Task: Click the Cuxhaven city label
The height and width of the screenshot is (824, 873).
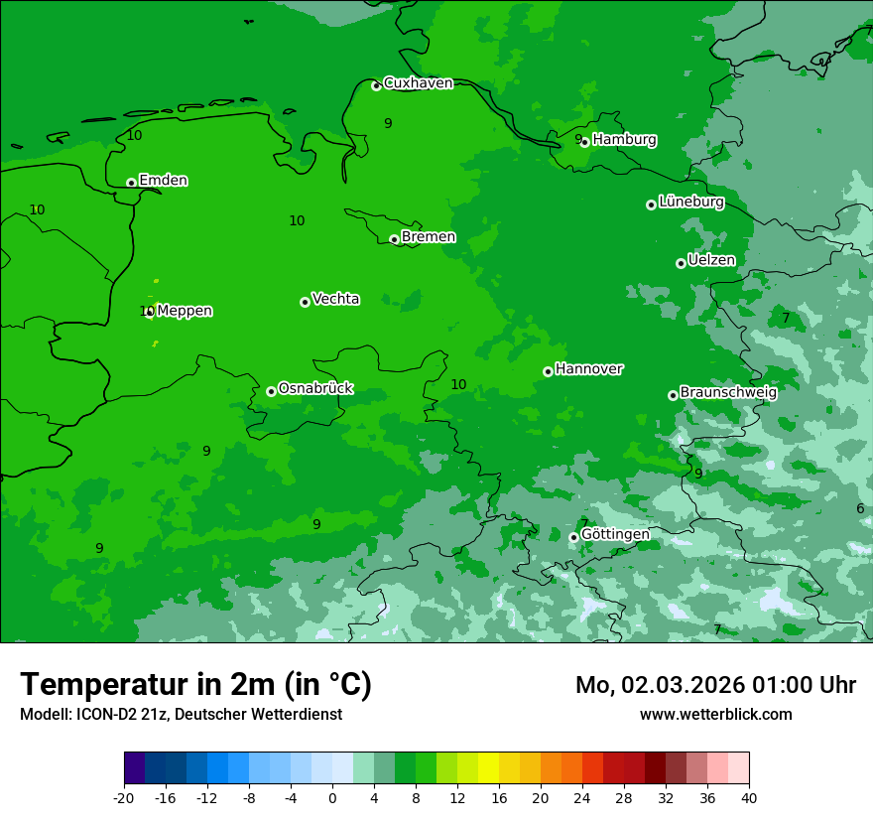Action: [x=418, y=83]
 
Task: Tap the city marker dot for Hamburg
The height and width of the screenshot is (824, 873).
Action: [x=585, y=142]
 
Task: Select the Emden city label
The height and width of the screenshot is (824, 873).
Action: [x=163, y=181]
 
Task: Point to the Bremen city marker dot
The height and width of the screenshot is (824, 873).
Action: [x=394, y=239]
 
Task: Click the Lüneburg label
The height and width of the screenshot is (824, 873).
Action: [x=690, y=202]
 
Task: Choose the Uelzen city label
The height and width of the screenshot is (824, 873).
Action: [x=711, y=260]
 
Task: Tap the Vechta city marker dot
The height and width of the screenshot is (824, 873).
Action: [x=305, y=302]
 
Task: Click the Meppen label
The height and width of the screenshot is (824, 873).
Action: [x=185, y=311]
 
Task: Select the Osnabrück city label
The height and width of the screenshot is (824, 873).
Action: [x=314, y=388]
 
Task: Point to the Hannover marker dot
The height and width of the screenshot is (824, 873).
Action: [x=548, y=371]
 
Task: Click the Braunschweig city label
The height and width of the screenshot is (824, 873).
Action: [x=728, y=392]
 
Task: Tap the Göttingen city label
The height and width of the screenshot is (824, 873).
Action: [x=615, y=534]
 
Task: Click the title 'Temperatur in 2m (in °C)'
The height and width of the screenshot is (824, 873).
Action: [x=195, y=685]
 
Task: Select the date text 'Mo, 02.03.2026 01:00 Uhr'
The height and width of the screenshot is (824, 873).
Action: [x=715, y=685]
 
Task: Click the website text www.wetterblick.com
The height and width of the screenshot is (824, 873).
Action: [x=715, y=714]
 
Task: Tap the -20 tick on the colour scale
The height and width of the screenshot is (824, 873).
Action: [x=124, y=797]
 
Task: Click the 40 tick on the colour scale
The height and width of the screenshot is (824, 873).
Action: [x=748, y=797]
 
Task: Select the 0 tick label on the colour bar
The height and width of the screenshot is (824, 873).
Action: [x=332, y=797]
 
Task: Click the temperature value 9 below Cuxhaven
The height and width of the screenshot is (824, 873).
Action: [x=388, y=123]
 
